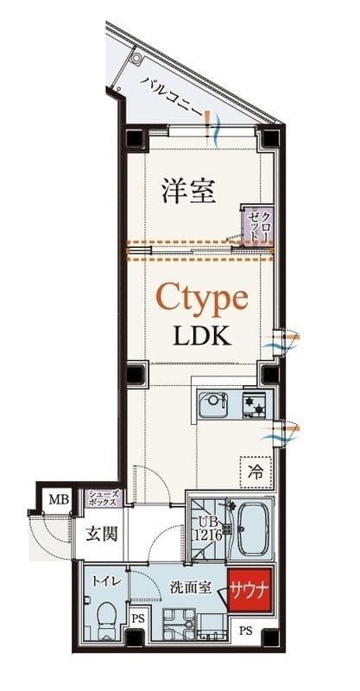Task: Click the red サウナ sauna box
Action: pos(249,590)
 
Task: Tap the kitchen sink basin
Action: pos(213,404)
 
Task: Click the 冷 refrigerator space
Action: pos(256,472)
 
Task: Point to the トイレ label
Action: pos(104,581)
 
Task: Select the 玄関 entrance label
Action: pos(101,535)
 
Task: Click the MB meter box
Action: pos(59,500)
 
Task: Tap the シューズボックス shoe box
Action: pos(103,498)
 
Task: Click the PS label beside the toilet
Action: pos(137,618)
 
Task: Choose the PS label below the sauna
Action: pos(245,631)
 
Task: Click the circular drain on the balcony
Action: pos(136,57)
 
